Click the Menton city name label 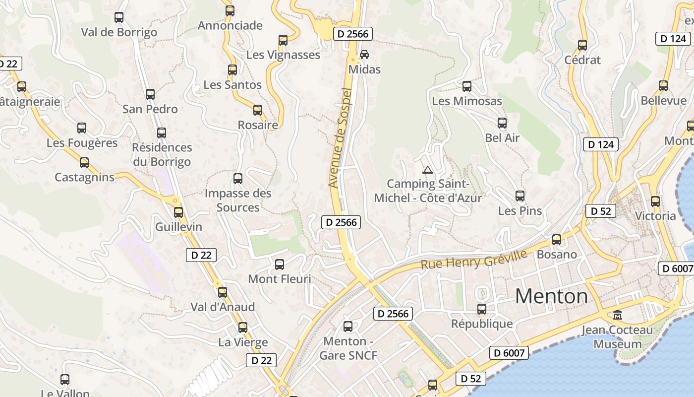(551, 296)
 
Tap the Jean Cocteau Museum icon (618, 315)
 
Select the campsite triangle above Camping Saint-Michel (427, 170)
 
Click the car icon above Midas (364, 54)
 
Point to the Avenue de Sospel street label (340, 138)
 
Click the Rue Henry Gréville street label (474, 260)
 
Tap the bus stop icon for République (482, 309)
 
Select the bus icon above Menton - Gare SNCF (348, 327)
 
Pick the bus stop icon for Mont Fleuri (280, 265)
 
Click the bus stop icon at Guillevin (178, 212)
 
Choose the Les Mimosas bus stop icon (467, 86)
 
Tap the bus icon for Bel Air (502, 123)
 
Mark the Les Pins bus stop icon (520, 196)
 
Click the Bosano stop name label (557, 255)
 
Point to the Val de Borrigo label (119, 32)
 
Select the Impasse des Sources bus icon (238, 179)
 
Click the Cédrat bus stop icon (582, 45)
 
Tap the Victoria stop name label (655, 216)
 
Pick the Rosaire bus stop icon (258, 110)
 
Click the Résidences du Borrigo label (162, 154)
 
